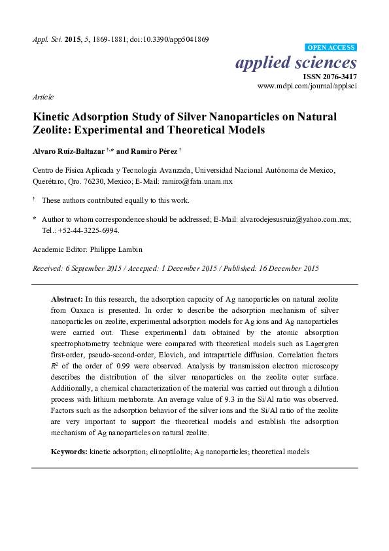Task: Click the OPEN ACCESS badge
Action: point(331,48)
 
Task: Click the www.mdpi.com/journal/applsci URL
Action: point(308,86)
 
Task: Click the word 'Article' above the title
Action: point(42,96)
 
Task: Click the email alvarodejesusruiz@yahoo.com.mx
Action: point(296,220)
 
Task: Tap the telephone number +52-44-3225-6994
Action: point(88,230)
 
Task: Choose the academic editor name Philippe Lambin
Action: point(118,249)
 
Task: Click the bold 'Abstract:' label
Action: point(67,298)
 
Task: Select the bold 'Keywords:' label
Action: point(70,452)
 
